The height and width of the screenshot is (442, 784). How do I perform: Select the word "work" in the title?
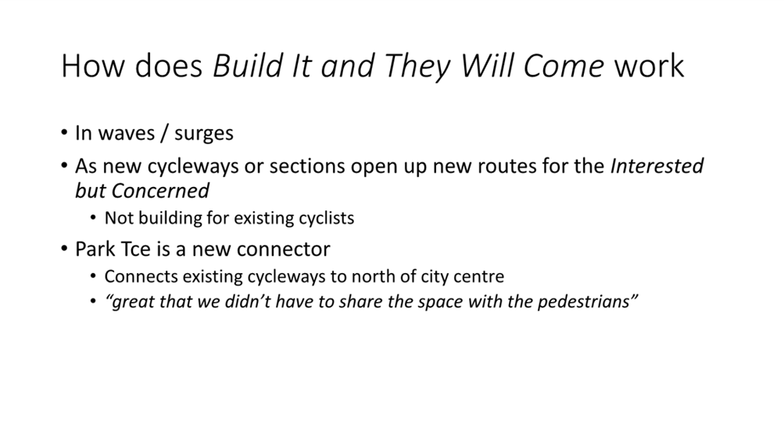pyautogui.click(x=649, y=66)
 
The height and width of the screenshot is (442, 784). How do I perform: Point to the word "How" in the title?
pyautogui.click(x=94, y=66)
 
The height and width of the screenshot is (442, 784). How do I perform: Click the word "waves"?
pyautogui.click(x=127, y=133)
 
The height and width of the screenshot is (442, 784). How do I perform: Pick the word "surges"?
pyautogui.click(x=203, y=134)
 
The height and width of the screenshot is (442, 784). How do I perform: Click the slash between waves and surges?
pyautogui.click(x=164, y=133)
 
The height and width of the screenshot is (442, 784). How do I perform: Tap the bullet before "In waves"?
pyautogui.click(x=64, y=133)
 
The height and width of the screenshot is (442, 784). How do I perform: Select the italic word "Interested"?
pyautogui.click(x=657, y=166)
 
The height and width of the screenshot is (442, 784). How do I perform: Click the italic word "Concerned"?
pyautogui.click(x=160, y=191)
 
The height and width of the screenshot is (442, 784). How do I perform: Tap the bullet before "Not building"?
pyautogui.click(x=93, y=218)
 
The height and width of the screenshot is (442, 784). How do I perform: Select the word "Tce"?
pyautogui.click(x=134, y=249)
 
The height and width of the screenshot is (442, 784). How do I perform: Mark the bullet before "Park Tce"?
pyautogui.click(x=64, y=249)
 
